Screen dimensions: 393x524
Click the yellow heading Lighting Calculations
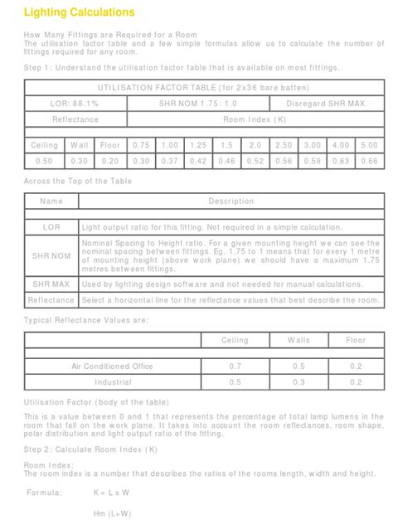point(78,13)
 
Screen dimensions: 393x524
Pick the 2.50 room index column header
point(284,145)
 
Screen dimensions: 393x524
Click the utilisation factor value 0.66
point(369,161)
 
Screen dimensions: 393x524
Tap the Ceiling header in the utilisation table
point(45,145)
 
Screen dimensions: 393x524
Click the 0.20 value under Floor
point(109,161)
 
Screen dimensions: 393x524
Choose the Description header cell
point(231,201)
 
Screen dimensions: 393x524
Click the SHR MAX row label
point(51,284)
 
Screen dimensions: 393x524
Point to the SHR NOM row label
point(51,256)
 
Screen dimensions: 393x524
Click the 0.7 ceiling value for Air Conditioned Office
point(235,366)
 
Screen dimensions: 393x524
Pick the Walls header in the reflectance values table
point(299,341)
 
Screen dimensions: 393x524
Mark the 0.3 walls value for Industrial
point(299,382)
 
